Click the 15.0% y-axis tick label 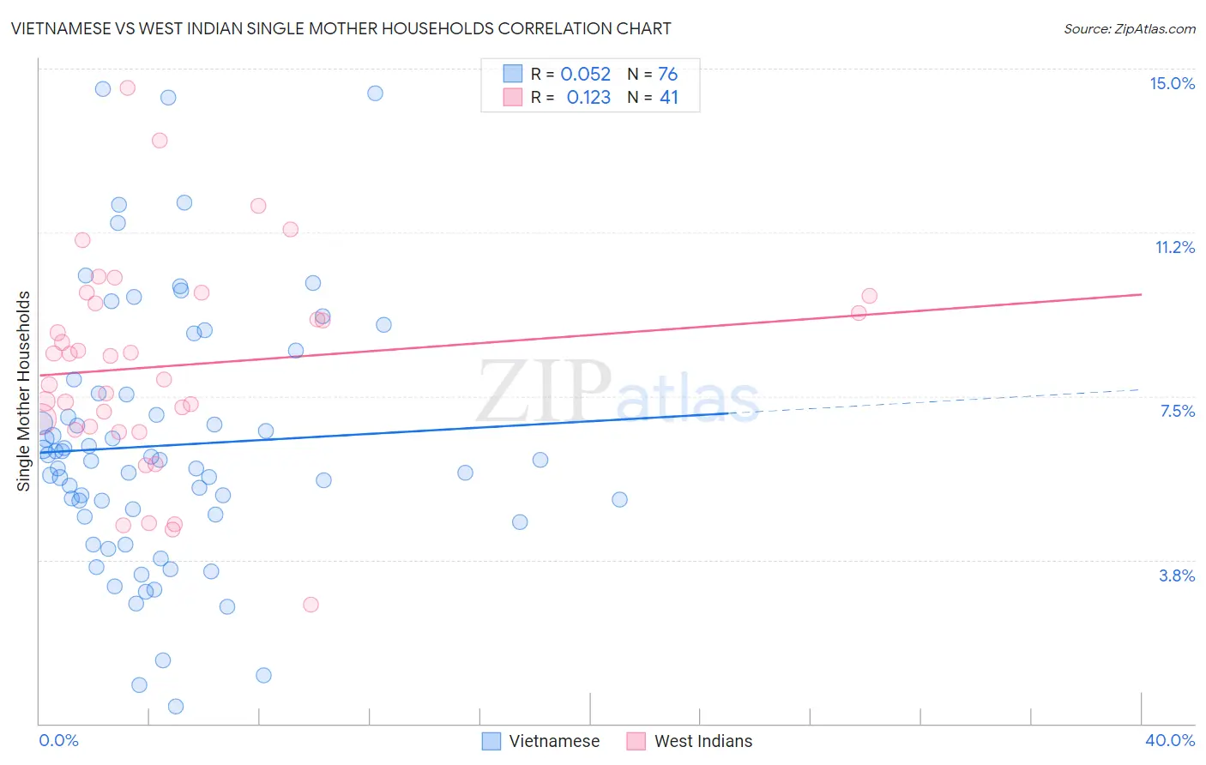(1172, 83)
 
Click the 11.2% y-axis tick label (1174, 247)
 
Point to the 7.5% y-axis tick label (1177, 411)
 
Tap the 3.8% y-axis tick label (1177, 575)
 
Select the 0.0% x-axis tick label (58, 740)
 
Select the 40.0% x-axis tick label (1169, 740)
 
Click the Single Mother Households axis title (23, 391)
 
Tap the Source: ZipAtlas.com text (1129, 28)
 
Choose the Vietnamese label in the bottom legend (554, 741)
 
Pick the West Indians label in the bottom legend (703, 741)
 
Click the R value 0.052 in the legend (585, 74)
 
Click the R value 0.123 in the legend (588, 98)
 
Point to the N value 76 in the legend (667, 74)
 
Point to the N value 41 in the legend (668, 98)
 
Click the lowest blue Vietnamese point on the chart (176, 707)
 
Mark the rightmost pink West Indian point (870, 296)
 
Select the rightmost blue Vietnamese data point (619, 499)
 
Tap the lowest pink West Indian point (311, 605)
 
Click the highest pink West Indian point (128, 87)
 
